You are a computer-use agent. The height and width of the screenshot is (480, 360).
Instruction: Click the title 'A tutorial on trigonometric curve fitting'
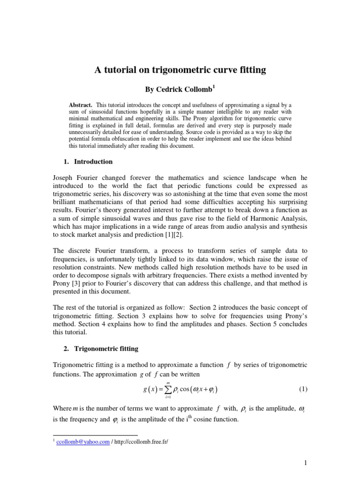(180, 70)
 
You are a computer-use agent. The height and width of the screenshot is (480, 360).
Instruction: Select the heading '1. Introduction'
(88, 162)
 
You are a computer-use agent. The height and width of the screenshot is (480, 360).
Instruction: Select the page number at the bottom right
(305, 464)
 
